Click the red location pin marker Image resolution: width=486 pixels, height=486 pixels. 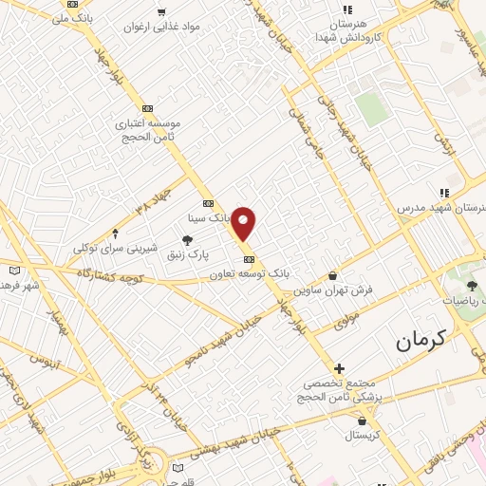(x=244, y=223)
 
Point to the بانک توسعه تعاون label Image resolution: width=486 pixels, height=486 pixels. (x=249, y=272)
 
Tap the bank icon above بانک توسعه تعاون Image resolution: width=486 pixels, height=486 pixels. (x=249, y=259)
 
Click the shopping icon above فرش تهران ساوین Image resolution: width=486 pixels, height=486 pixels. (x=332, y=276)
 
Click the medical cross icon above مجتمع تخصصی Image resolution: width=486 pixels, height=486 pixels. (x=339, y=367)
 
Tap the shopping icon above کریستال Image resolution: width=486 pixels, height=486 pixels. (x=362, y=421)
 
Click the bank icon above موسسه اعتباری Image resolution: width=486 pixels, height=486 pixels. (x=146, y=109)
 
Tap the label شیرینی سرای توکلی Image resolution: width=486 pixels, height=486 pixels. (x=115, y=248)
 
